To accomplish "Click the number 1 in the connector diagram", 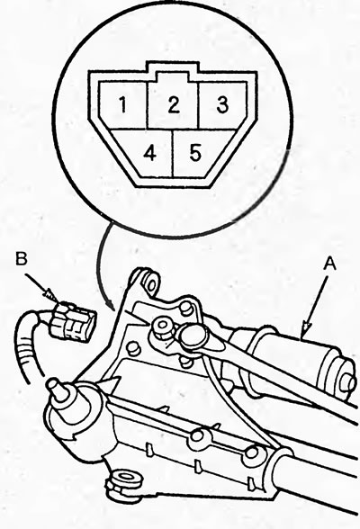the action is pos(122,104).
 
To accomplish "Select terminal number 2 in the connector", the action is pos(174,104).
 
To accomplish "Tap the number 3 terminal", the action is pos(222,104).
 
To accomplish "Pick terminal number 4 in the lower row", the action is pos(149,154).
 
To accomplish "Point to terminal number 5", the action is pos(195,153).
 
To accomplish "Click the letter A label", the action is pos(329,264).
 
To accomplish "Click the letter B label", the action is pos(21,259).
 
